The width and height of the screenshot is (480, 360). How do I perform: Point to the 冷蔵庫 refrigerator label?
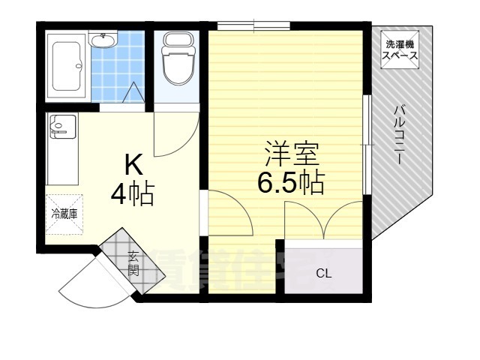(64, 214)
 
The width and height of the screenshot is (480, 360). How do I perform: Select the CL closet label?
(322, 273)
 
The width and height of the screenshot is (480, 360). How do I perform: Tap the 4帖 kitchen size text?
(132, 194)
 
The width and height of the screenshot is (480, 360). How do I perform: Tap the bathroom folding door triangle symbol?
(133, 94)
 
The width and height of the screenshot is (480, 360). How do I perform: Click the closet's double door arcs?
(324, 221)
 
